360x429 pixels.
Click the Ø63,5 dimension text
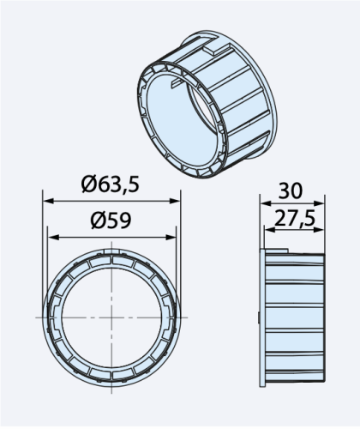pos(111,184)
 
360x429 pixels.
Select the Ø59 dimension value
pos(111,220)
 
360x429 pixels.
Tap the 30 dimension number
pos(291,190)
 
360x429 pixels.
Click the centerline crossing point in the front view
pos(111,317)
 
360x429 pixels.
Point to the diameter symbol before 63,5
pos(90,184)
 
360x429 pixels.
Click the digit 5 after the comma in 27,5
pos(309,220)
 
